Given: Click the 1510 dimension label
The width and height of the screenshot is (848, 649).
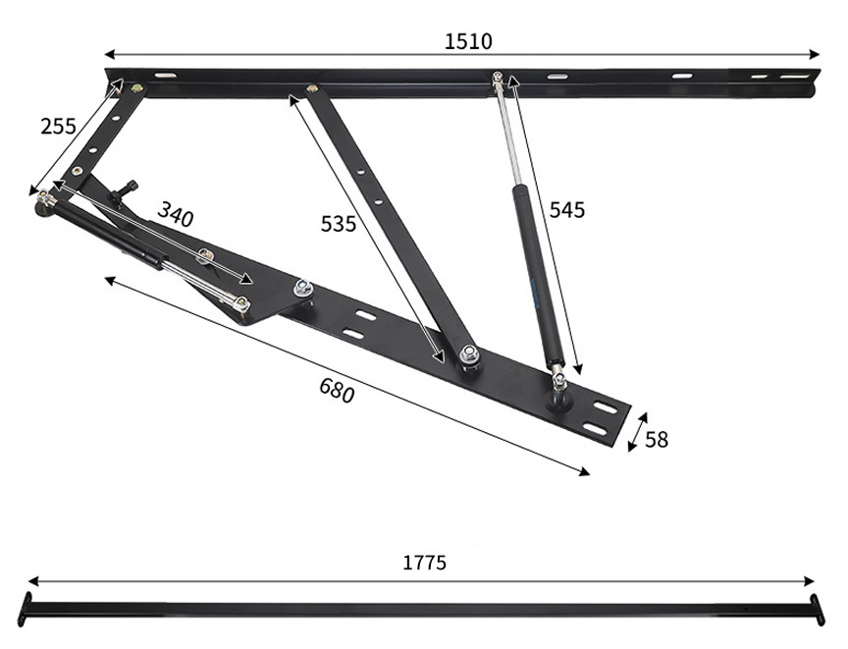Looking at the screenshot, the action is click(468, 41).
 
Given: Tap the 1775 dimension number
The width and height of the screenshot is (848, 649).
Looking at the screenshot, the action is click(425, 563).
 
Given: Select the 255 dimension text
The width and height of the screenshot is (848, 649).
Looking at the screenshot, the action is click(58, 126).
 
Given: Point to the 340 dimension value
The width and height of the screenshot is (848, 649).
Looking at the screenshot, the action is click(176, 214).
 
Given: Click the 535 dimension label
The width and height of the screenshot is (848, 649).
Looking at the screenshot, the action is click(339, 223).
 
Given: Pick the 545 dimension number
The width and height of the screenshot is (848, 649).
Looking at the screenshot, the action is click(567, 210).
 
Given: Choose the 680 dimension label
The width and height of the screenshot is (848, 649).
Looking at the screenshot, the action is click(337, 390).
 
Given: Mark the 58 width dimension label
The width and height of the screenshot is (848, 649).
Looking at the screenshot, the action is click(657, 440).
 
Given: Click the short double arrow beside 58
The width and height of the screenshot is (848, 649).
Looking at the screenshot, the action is click(638, 432).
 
